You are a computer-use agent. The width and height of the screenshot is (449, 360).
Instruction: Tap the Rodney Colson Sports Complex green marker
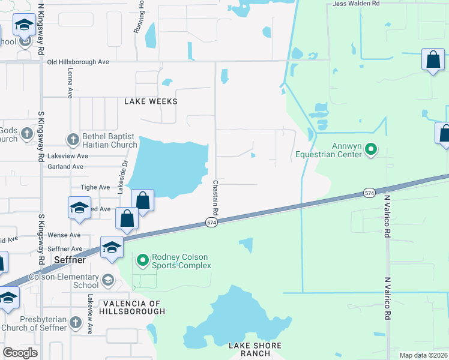[143, 260]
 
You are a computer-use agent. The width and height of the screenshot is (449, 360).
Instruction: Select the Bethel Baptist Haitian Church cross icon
[72, 140]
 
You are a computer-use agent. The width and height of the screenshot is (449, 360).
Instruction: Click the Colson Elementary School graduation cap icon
[107, 280]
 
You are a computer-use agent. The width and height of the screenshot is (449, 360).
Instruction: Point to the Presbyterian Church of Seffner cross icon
[75, 322]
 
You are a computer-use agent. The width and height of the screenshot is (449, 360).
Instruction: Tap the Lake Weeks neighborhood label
[151, 101]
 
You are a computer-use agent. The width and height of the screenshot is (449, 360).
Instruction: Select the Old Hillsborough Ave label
[78, 62]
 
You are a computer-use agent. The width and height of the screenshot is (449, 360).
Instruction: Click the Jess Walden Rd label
[357, 4]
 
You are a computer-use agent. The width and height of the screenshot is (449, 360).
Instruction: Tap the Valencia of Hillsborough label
[133, 307]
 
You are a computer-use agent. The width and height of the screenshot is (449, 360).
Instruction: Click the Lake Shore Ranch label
[255, 349]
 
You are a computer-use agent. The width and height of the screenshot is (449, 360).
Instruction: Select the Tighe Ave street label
[95, 187]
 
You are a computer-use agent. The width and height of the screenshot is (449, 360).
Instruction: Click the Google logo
[20, 353]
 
